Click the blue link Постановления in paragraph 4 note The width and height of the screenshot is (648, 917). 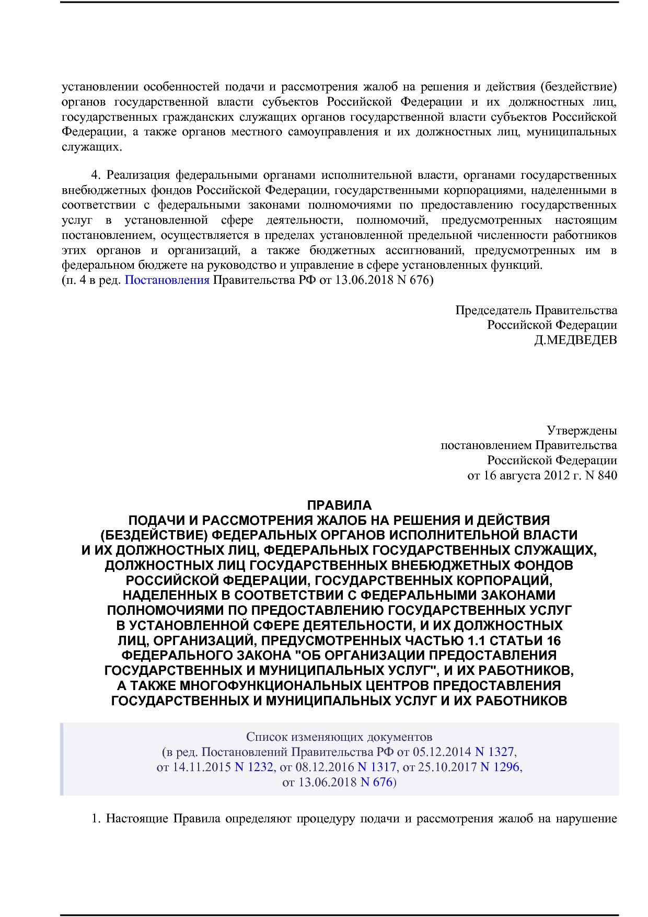(167, 280)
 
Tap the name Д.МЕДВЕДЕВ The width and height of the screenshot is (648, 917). (575, 340)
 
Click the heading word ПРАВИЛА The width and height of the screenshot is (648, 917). (339, 505)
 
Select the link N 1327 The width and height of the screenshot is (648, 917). (494, 752)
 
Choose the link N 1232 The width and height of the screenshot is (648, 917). (253, 767)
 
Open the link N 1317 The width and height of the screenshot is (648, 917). (376, 767)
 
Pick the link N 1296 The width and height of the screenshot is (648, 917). (500, 767)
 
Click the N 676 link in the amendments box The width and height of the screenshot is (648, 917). (376, 782)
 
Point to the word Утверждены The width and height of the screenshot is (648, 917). (582, 430)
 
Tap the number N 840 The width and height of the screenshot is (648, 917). (601, 475)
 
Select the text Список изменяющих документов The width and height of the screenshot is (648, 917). (339, 737)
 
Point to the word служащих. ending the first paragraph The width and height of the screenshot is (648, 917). (92, 147)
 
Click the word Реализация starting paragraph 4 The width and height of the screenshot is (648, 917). (138, 175)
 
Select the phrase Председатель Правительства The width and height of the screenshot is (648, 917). (536, 310)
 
